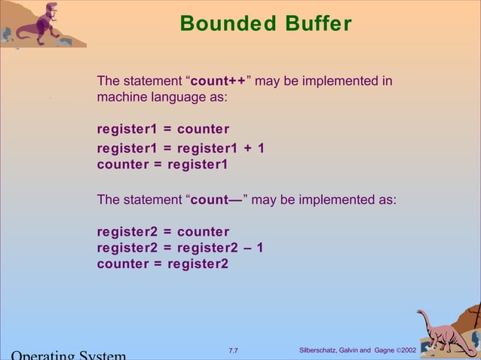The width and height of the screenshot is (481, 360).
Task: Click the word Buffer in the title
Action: (x=317, y=24)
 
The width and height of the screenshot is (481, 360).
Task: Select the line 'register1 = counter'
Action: (x=163, y=129)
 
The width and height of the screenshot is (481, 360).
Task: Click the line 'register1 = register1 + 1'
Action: (x=180, y=148)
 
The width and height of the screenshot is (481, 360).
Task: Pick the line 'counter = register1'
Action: (x=162, y=163)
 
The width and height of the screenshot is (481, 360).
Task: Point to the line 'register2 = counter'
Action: (x=163, y=232)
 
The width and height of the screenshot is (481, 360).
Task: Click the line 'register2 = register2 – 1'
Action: (x=180, y=248)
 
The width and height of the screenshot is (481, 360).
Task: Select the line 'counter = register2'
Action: (x=162, y=264)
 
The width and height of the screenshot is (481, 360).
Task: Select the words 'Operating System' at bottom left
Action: (x=68, y=355)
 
